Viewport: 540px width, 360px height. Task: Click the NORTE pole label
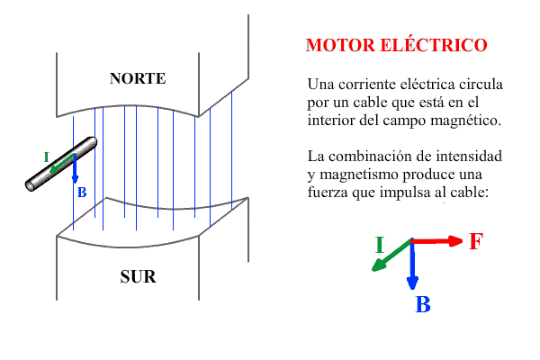(138, 78)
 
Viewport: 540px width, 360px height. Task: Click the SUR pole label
(138, 276)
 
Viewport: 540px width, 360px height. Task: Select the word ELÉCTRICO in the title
(436, 45)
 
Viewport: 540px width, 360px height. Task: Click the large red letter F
(476, 241)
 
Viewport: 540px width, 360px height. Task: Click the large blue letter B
(422, 304)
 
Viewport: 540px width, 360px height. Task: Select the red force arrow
(438, 240)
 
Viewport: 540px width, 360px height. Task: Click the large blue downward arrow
(412, 265)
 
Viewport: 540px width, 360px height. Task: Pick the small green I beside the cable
(46, 157)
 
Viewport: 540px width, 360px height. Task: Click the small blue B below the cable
(82, 193)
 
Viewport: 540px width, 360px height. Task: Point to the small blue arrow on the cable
(75, 171)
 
